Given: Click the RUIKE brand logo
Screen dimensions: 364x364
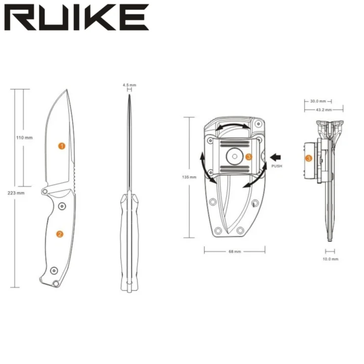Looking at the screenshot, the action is (77, 17).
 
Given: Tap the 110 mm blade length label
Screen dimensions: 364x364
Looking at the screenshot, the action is (24, 138).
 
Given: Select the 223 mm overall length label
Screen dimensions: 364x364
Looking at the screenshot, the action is (16, 193).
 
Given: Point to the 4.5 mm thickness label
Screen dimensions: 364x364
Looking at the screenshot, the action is (129, 85).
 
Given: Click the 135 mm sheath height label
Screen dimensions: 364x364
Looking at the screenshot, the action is (189, 177).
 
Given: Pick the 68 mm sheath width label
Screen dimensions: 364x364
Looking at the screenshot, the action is (235, 251).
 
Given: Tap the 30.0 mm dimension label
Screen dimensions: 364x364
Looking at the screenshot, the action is (318, 101).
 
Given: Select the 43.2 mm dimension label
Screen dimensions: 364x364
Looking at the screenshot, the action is (324, 110).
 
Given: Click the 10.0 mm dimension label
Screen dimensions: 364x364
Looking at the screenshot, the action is (330, 259).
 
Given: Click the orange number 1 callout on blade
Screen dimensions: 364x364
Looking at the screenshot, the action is (62, 146).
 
